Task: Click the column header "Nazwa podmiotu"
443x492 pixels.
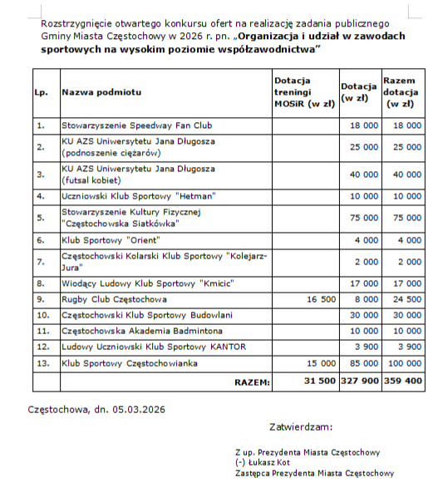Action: pos(101,92)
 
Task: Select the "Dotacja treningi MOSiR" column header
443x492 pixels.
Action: pos(304,92)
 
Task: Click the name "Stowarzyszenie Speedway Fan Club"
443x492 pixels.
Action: pos(137,125)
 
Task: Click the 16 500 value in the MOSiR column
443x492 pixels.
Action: pos(319,299)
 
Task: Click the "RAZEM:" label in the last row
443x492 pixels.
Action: pos(251,382)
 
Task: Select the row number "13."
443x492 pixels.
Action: pos(42,363)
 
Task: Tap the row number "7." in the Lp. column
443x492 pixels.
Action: pos(40,261)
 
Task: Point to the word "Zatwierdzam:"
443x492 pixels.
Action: pos(301,427)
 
